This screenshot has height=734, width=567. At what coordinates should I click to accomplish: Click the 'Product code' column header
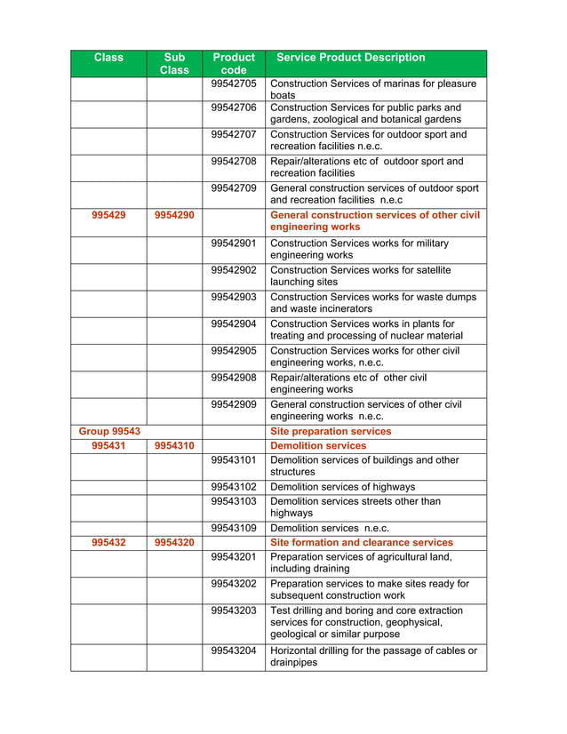[x=234, y=63]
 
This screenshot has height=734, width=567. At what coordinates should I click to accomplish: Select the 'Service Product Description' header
[x=351, y=58]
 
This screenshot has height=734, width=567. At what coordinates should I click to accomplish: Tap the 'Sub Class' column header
[x=174, y=63]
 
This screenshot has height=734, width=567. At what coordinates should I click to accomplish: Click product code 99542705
[x=234, y=84]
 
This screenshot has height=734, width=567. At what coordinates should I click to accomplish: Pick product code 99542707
[x=234, y=134]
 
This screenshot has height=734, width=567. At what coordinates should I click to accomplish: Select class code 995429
[x=108, y=215]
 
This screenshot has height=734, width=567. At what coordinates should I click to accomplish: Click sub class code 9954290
[x=174, y=215]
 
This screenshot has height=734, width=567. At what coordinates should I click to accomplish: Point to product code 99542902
[x=234, y=270]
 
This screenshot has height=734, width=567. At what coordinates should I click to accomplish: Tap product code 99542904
[x=234, y=324]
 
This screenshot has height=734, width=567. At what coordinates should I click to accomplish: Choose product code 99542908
[x=234, y=378]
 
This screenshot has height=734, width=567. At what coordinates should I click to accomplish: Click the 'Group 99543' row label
[x=109, y=432]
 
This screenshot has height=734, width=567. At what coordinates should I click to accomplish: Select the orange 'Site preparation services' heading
[x=330, y=432]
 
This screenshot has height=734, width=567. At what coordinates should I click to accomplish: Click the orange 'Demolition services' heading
[x=317, y=446]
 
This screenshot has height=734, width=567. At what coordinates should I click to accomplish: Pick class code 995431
[x=108, y=446]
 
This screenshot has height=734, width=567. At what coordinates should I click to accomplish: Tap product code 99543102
[x=234, y=487]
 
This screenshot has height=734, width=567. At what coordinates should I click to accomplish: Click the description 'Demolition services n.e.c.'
[x=330, y=528]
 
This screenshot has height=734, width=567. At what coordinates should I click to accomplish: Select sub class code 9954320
[x=174, y=542]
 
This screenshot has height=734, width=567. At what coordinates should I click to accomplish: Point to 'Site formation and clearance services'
[x=361, y=542]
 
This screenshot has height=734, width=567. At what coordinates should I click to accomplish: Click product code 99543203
[x=234, y=610]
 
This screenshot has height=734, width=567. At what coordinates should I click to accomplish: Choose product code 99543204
[x=234, y=650]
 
